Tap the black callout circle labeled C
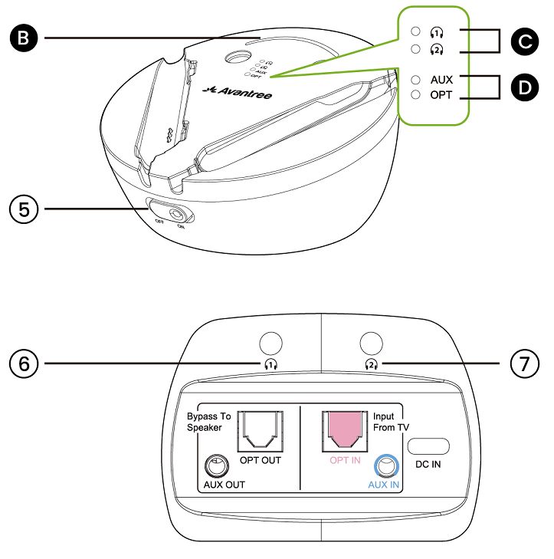[523, 41]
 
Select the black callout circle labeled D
[523, 87]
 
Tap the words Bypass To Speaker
[208, 422]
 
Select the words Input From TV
[390, 422]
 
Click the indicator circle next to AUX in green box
[415, 79]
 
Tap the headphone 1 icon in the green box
[438, 32]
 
